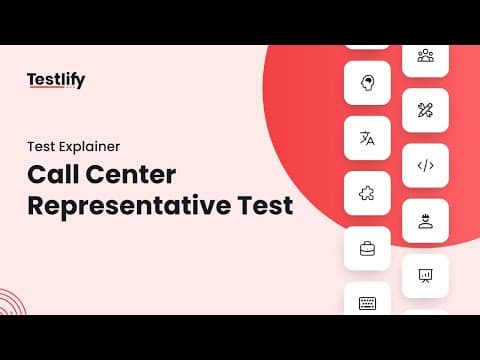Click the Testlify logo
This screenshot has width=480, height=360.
click(56, 80)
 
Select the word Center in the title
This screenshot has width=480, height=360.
click(131, 174)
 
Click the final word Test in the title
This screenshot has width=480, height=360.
click(265, 205)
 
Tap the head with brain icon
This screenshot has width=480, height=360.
click(367, 83)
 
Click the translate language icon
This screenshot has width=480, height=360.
click(367, 138)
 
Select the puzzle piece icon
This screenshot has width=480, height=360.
click(367, 193)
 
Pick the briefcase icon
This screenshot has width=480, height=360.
click(367, 249)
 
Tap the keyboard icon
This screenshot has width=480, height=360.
click(367, 303)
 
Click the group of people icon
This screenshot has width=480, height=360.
click(426, 56)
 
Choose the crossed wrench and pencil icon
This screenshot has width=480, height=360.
click(425, 110)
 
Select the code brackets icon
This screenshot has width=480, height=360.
click(426, 165)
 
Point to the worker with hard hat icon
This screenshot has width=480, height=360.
click(426, 221)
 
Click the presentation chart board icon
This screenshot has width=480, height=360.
click(425, 276)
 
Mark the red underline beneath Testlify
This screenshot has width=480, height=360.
click(46, 87)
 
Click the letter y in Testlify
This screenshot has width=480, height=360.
click(80, 82)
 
